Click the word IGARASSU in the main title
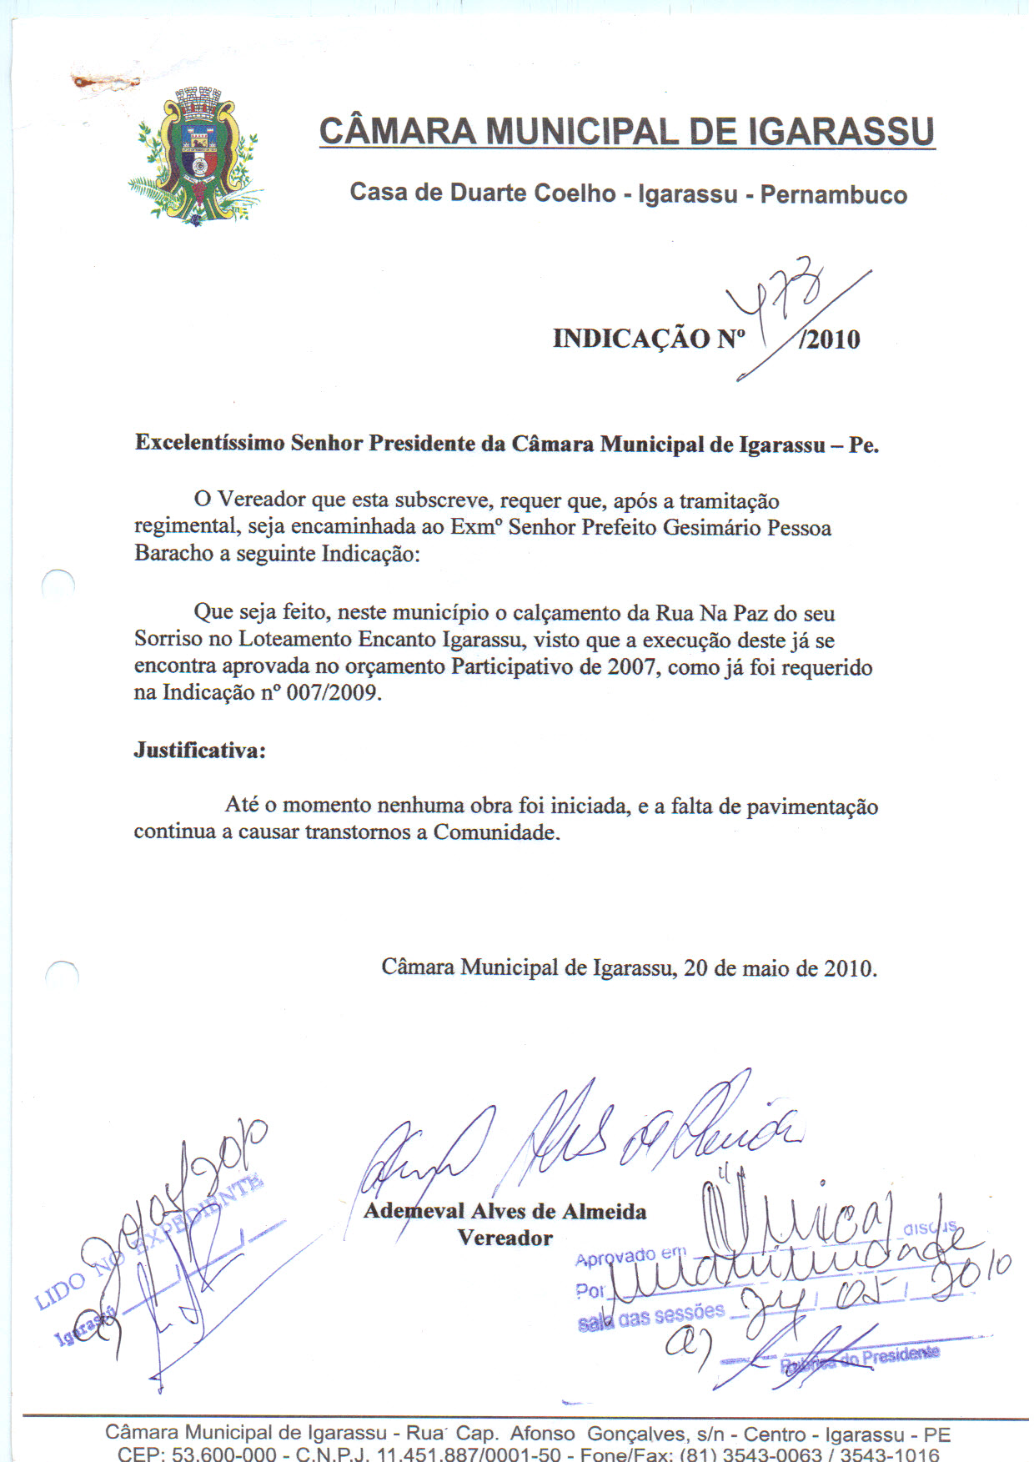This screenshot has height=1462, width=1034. (x=841, y=132)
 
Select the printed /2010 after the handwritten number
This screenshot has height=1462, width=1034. (x=830, y=339)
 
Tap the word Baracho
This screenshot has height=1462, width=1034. (x=173, y=554)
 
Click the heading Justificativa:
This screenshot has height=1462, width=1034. (x=200, y=751)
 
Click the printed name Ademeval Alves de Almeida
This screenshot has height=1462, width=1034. (x=504, y=1211)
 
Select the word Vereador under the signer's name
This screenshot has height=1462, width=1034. (x=504, y=1238)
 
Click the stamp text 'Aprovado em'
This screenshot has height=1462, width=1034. (x=630, y=1256)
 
